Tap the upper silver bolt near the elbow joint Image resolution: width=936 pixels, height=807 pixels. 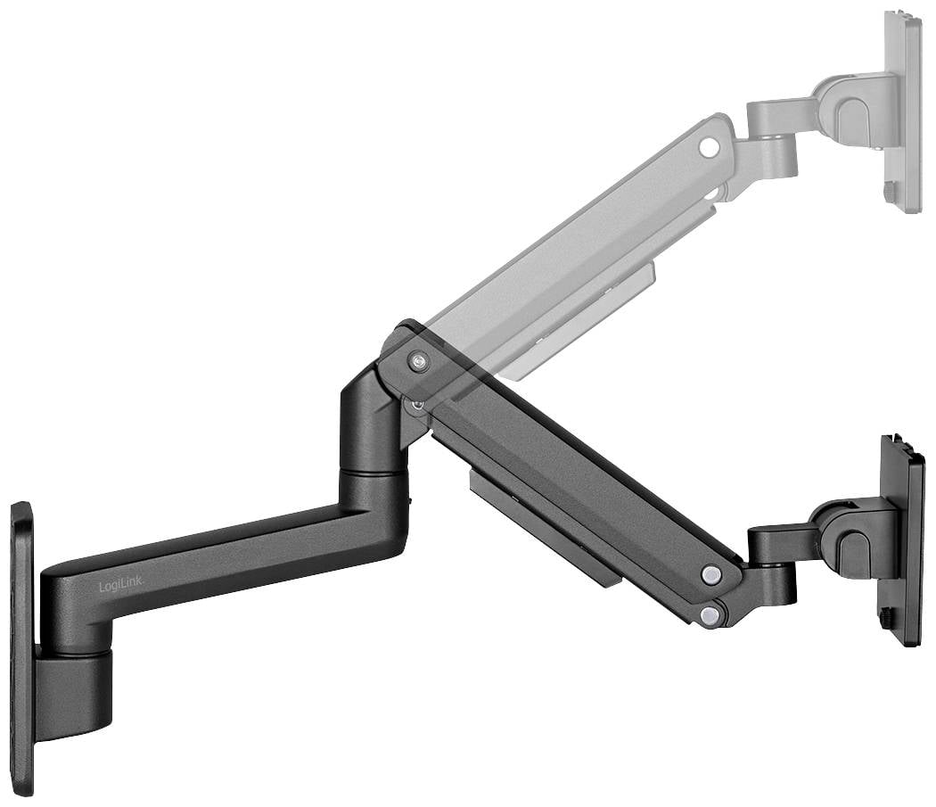click(419, 361)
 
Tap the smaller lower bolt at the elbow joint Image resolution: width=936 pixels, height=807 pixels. click(417, 405)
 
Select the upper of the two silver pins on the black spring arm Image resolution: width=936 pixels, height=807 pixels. click(710, 575)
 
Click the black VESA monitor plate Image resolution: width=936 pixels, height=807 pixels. click(902, 539)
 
